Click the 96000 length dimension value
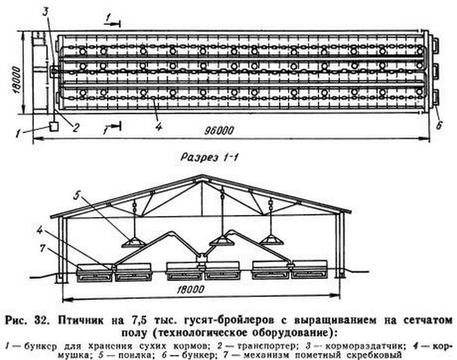tap(219, 130)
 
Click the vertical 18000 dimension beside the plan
tap(16, 80)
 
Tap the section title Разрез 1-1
tap(210, 158)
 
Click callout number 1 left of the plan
tap(18, 134)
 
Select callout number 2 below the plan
tap(76, 128)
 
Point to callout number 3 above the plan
tap(45, 13)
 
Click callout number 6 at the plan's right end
tap(439, 125)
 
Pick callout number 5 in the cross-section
tap(76, 196)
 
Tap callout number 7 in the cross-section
tap(43, 248)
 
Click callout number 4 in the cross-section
tap(40, 230)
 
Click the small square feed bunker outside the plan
tap(54, 127)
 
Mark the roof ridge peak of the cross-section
tap(202, 175)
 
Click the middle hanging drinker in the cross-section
tap(222, 241)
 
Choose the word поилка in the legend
tap(136, 355)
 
